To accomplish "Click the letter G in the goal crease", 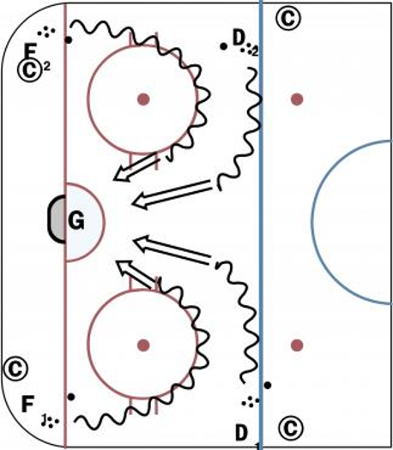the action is (x=76, y=220).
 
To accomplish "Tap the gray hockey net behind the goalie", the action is (x=57, y=219).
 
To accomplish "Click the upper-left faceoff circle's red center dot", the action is (x=143, y=99).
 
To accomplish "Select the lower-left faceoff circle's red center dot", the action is (x=143, y=345).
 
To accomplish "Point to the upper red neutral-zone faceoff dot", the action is (x=297, y=99).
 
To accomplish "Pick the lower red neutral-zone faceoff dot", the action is (x=297, y=345).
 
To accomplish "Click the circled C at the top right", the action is (x=288, y=18).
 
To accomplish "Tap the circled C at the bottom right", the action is (x=291, y=429).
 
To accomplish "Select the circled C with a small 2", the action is (x=29, y=69).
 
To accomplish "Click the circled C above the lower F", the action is (x=16, y=369).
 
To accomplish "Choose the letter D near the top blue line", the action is (x=239, y=38).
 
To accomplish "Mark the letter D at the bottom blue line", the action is (x=241, y=433).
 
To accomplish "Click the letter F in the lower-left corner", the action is (x=27, y=404).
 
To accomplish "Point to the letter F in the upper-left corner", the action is (x=30, y=51).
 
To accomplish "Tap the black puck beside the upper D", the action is (x=223, y=46).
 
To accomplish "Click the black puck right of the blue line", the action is (x=268, y=386).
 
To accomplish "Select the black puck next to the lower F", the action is (x=71, y=397).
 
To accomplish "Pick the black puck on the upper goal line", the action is (x=69, y=40).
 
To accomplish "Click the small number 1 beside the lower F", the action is (x=44, y=420).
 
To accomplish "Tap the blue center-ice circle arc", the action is (x=311, y=221).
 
